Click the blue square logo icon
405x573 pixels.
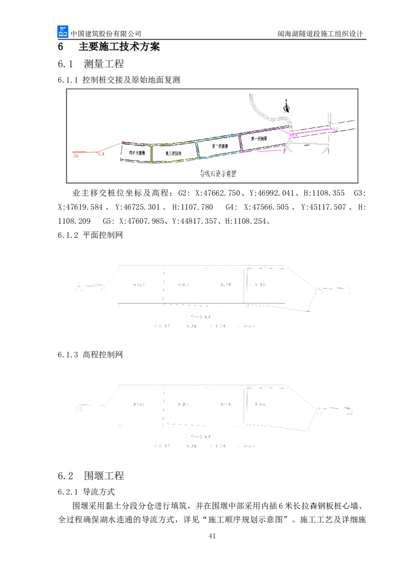point(62,32)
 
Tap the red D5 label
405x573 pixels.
point(76,156)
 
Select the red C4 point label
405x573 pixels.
point(101,153)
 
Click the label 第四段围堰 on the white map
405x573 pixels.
point(137,152)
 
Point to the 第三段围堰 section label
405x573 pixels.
point(173,152)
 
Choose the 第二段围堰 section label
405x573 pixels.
point(219,146)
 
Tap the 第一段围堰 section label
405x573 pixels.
point(259,138)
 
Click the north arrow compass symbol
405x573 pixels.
point(287,106)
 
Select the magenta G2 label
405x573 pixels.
point(335,130)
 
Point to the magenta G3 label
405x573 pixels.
point(294,135)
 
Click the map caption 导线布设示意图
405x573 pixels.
point(218,174)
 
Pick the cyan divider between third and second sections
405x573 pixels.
point(196,149)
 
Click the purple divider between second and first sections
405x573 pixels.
point(241,143)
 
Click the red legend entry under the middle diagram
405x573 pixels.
point(246,326)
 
